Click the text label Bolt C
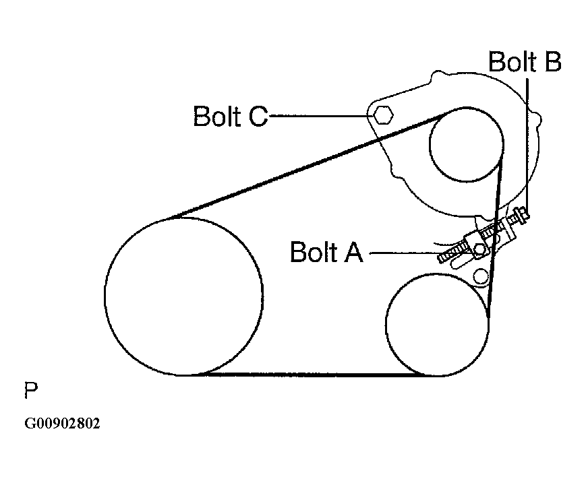click(231, 116)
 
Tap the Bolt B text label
click(525, 61)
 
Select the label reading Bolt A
click(326, 252)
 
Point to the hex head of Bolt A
click(479, 249)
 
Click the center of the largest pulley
click(184, 296)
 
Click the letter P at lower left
click(31, 390)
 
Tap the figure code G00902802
click(62, 423)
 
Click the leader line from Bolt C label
click(321, 116)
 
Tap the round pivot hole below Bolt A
click(481, 276)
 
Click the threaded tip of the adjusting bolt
click(443, 258)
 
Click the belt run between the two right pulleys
click(495, 239)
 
